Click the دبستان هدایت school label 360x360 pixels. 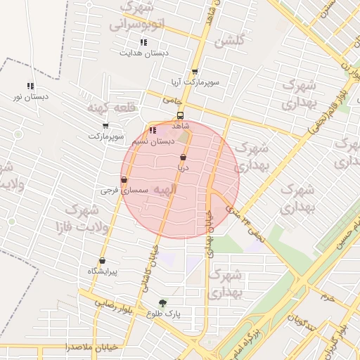(x=143, y=53)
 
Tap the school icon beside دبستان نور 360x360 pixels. (x=30, y=86)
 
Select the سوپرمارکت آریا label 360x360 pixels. (x=193, y=82)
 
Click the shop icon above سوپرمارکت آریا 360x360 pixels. (x=194, y=72)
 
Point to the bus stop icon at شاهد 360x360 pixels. (x=180, y=115)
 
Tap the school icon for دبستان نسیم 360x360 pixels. (x=153, y=131)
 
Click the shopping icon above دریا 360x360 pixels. (x=184, y=157)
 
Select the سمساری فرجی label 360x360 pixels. (x=124, y=190)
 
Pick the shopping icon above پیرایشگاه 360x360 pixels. (x=103, y=261)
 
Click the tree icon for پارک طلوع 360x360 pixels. (x=163, y=303)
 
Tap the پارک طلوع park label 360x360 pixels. (x=163, y=314)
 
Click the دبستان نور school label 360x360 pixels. (x=30, y=96)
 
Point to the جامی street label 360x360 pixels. (x=172, y=101)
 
